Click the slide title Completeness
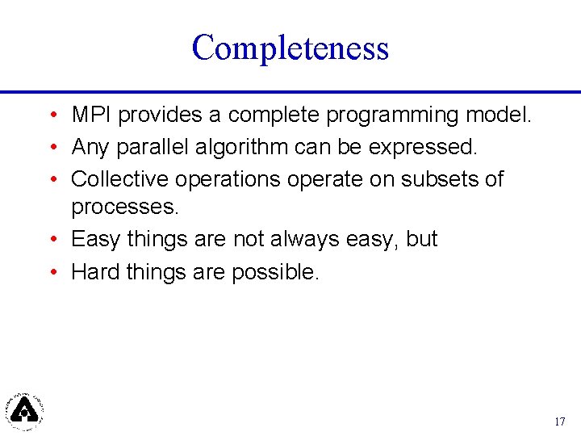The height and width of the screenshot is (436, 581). pos(290,48)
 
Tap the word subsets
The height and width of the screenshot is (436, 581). pos(437,178)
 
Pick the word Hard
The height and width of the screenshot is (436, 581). pos(96,271)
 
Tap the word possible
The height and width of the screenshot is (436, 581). pos(275,272)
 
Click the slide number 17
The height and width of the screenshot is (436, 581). pos(560,421)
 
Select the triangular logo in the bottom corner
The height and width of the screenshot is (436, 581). pos(25,410)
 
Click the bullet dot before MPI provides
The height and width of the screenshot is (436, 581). pos(51,116)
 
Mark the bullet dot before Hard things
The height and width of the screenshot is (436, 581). pos(51,272)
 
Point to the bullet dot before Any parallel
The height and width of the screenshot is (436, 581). pos(51,148)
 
